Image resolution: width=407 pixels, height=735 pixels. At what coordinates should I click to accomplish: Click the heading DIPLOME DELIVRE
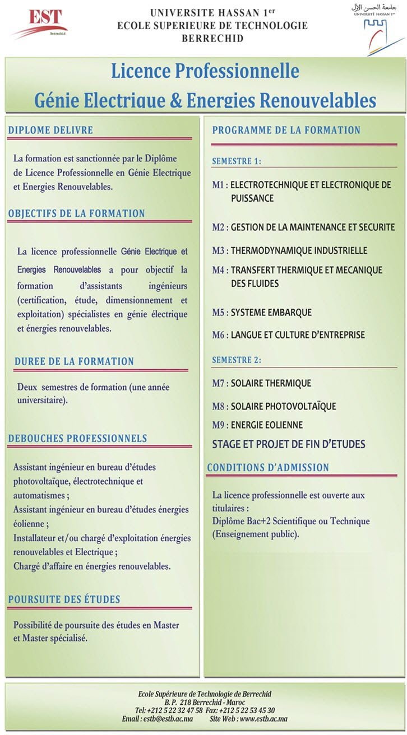(x=50, y=130)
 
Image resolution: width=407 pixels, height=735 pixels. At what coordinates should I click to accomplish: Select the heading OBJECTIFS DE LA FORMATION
(x=76, y=213)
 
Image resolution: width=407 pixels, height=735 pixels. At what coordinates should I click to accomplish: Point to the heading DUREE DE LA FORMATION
(x=75, y=361)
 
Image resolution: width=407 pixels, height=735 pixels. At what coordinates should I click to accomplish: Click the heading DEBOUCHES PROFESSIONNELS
(x=77, y=439)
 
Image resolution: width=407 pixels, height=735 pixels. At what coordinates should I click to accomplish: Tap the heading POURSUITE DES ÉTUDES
(x=64, y=599)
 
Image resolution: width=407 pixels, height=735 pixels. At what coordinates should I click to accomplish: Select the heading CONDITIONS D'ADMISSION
(x=268, y=467)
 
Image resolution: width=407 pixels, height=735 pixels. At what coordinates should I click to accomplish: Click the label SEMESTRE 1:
(x=236, y=161)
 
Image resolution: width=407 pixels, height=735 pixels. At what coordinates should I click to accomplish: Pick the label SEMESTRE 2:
(x=236, y=360)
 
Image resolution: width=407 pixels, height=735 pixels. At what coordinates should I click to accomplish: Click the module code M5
(x=219, y=313)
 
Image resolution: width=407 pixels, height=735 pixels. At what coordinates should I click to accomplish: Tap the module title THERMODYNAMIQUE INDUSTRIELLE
(x=299, y=250)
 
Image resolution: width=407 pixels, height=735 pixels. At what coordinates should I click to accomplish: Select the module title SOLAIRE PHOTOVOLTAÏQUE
(x=283, y=406)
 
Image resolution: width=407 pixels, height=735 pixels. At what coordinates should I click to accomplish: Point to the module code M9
(x=219, y=425)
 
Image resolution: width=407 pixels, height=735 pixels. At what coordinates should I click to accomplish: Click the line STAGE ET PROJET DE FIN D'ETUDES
(x=288, y=444)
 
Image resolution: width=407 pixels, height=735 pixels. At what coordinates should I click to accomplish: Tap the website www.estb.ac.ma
(x=263, y=719)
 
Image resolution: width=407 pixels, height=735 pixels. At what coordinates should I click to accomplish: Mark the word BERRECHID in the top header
(x=212, y=39)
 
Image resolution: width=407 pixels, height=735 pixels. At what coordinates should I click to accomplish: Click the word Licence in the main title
(x=140, y=71)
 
